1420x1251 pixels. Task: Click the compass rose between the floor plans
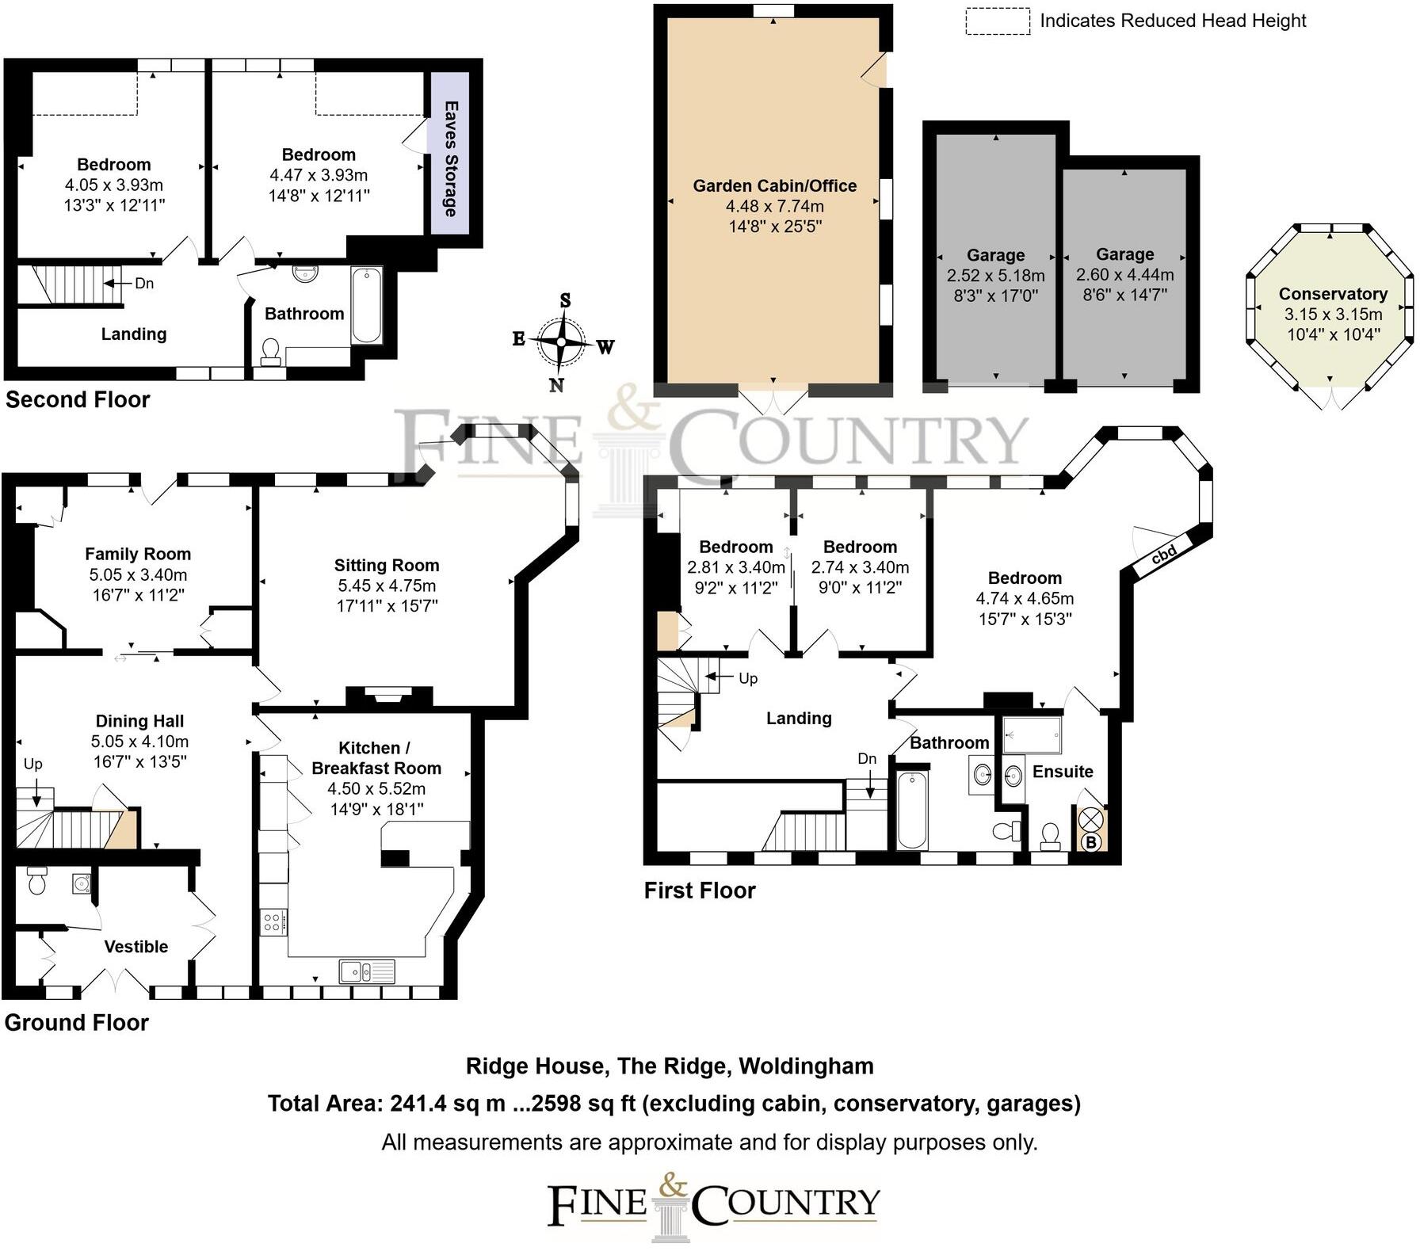(562, 342)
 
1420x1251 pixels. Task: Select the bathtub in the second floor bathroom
(366, 306)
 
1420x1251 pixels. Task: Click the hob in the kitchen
(273, 922)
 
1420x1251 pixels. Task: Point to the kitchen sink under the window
(367, 971)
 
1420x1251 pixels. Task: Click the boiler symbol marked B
(1090, 843)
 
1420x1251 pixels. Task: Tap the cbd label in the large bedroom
(1163, 555)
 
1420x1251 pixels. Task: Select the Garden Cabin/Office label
(774, 186)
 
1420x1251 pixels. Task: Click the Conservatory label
(1333, 294)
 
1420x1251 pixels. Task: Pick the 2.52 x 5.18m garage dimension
(995, 276)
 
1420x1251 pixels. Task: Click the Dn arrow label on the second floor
(143, 283)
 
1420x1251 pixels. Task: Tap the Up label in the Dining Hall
(32, 764)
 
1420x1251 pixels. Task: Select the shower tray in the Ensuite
(1032, 736)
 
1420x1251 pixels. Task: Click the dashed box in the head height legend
(997, 21)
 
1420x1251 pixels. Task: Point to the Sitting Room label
(386, 565)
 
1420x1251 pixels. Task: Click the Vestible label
(136, 947)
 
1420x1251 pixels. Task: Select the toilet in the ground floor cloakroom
(36, 881)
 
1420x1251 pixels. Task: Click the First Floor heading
(700, 891)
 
